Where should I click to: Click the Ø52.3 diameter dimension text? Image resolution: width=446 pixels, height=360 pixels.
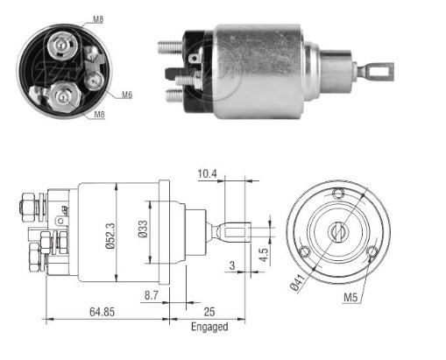[110, 236]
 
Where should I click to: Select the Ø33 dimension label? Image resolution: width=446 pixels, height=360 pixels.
[143, 229]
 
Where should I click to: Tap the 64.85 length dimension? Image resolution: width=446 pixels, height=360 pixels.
[102, 312]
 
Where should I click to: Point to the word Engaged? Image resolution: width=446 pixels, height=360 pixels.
[209, 327]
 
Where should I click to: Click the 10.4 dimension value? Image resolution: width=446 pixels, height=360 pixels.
[208, 173]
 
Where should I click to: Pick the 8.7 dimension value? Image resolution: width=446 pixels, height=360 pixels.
[152, 295]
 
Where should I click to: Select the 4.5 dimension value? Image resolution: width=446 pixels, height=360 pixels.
[263, 255]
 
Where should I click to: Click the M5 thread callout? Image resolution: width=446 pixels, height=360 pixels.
[350, 298]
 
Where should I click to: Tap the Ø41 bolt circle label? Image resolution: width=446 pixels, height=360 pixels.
[299, 282]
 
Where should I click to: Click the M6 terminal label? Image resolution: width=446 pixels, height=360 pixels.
[127, 95]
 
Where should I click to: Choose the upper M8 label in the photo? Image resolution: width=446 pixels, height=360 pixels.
[98, 19]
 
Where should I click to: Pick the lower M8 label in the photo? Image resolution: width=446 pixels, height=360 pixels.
[99, 115]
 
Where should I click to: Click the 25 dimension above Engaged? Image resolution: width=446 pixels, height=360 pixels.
[209, 312]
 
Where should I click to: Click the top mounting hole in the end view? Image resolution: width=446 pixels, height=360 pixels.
[339, 194]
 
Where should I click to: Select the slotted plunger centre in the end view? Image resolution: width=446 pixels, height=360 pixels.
[338, 232]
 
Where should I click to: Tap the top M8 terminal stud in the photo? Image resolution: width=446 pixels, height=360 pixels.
[63, 46]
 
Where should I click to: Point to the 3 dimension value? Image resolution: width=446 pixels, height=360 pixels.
[232, 265]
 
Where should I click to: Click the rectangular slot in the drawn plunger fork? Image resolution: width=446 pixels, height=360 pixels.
[235, 233]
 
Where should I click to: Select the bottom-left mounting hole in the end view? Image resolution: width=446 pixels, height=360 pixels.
[305, 251]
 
